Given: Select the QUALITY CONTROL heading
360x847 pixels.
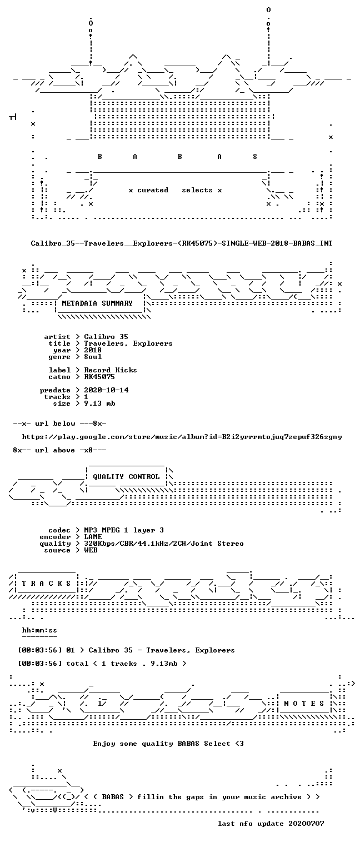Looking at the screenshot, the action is [126, 477].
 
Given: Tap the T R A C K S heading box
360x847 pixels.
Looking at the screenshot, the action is [46, 584].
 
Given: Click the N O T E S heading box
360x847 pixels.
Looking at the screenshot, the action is [304, 703].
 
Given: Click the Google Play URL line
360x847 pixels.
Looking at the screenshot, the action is [182, 437].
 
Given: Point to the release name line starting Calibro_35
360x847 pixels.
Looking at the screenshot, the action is [182, 243].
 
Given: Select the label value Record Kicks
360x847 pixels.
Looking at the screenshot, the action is [111, 370].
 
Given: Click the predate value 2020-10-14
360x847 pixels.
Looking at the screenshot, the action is [106, 390].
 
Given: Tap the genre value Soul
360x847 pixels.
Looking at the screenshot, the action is [93, 357].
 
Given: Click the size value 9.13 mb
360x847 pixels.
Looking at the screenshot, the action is [99, 403].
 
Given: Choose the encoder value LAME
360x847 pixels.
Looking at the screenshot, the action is [93, 537].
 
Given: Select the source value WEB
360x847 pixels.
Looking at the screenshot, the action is [91, 550].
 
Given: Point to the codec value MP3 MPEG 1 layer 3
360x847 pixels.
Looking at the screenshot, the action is [124, 530].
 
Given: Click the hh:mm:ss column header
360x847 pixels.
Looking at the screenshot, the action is [39, 630].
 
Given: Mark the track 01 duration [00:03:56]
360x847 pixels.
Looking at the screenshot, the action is [39, 650].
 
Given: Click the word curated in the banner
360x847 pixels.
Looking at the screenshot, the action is [153, 190].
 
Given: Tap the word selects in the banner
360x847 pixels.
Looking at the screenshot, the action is [197, 190].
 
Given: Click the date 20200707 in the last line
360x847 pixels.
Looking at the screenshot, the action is [306, 824].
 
